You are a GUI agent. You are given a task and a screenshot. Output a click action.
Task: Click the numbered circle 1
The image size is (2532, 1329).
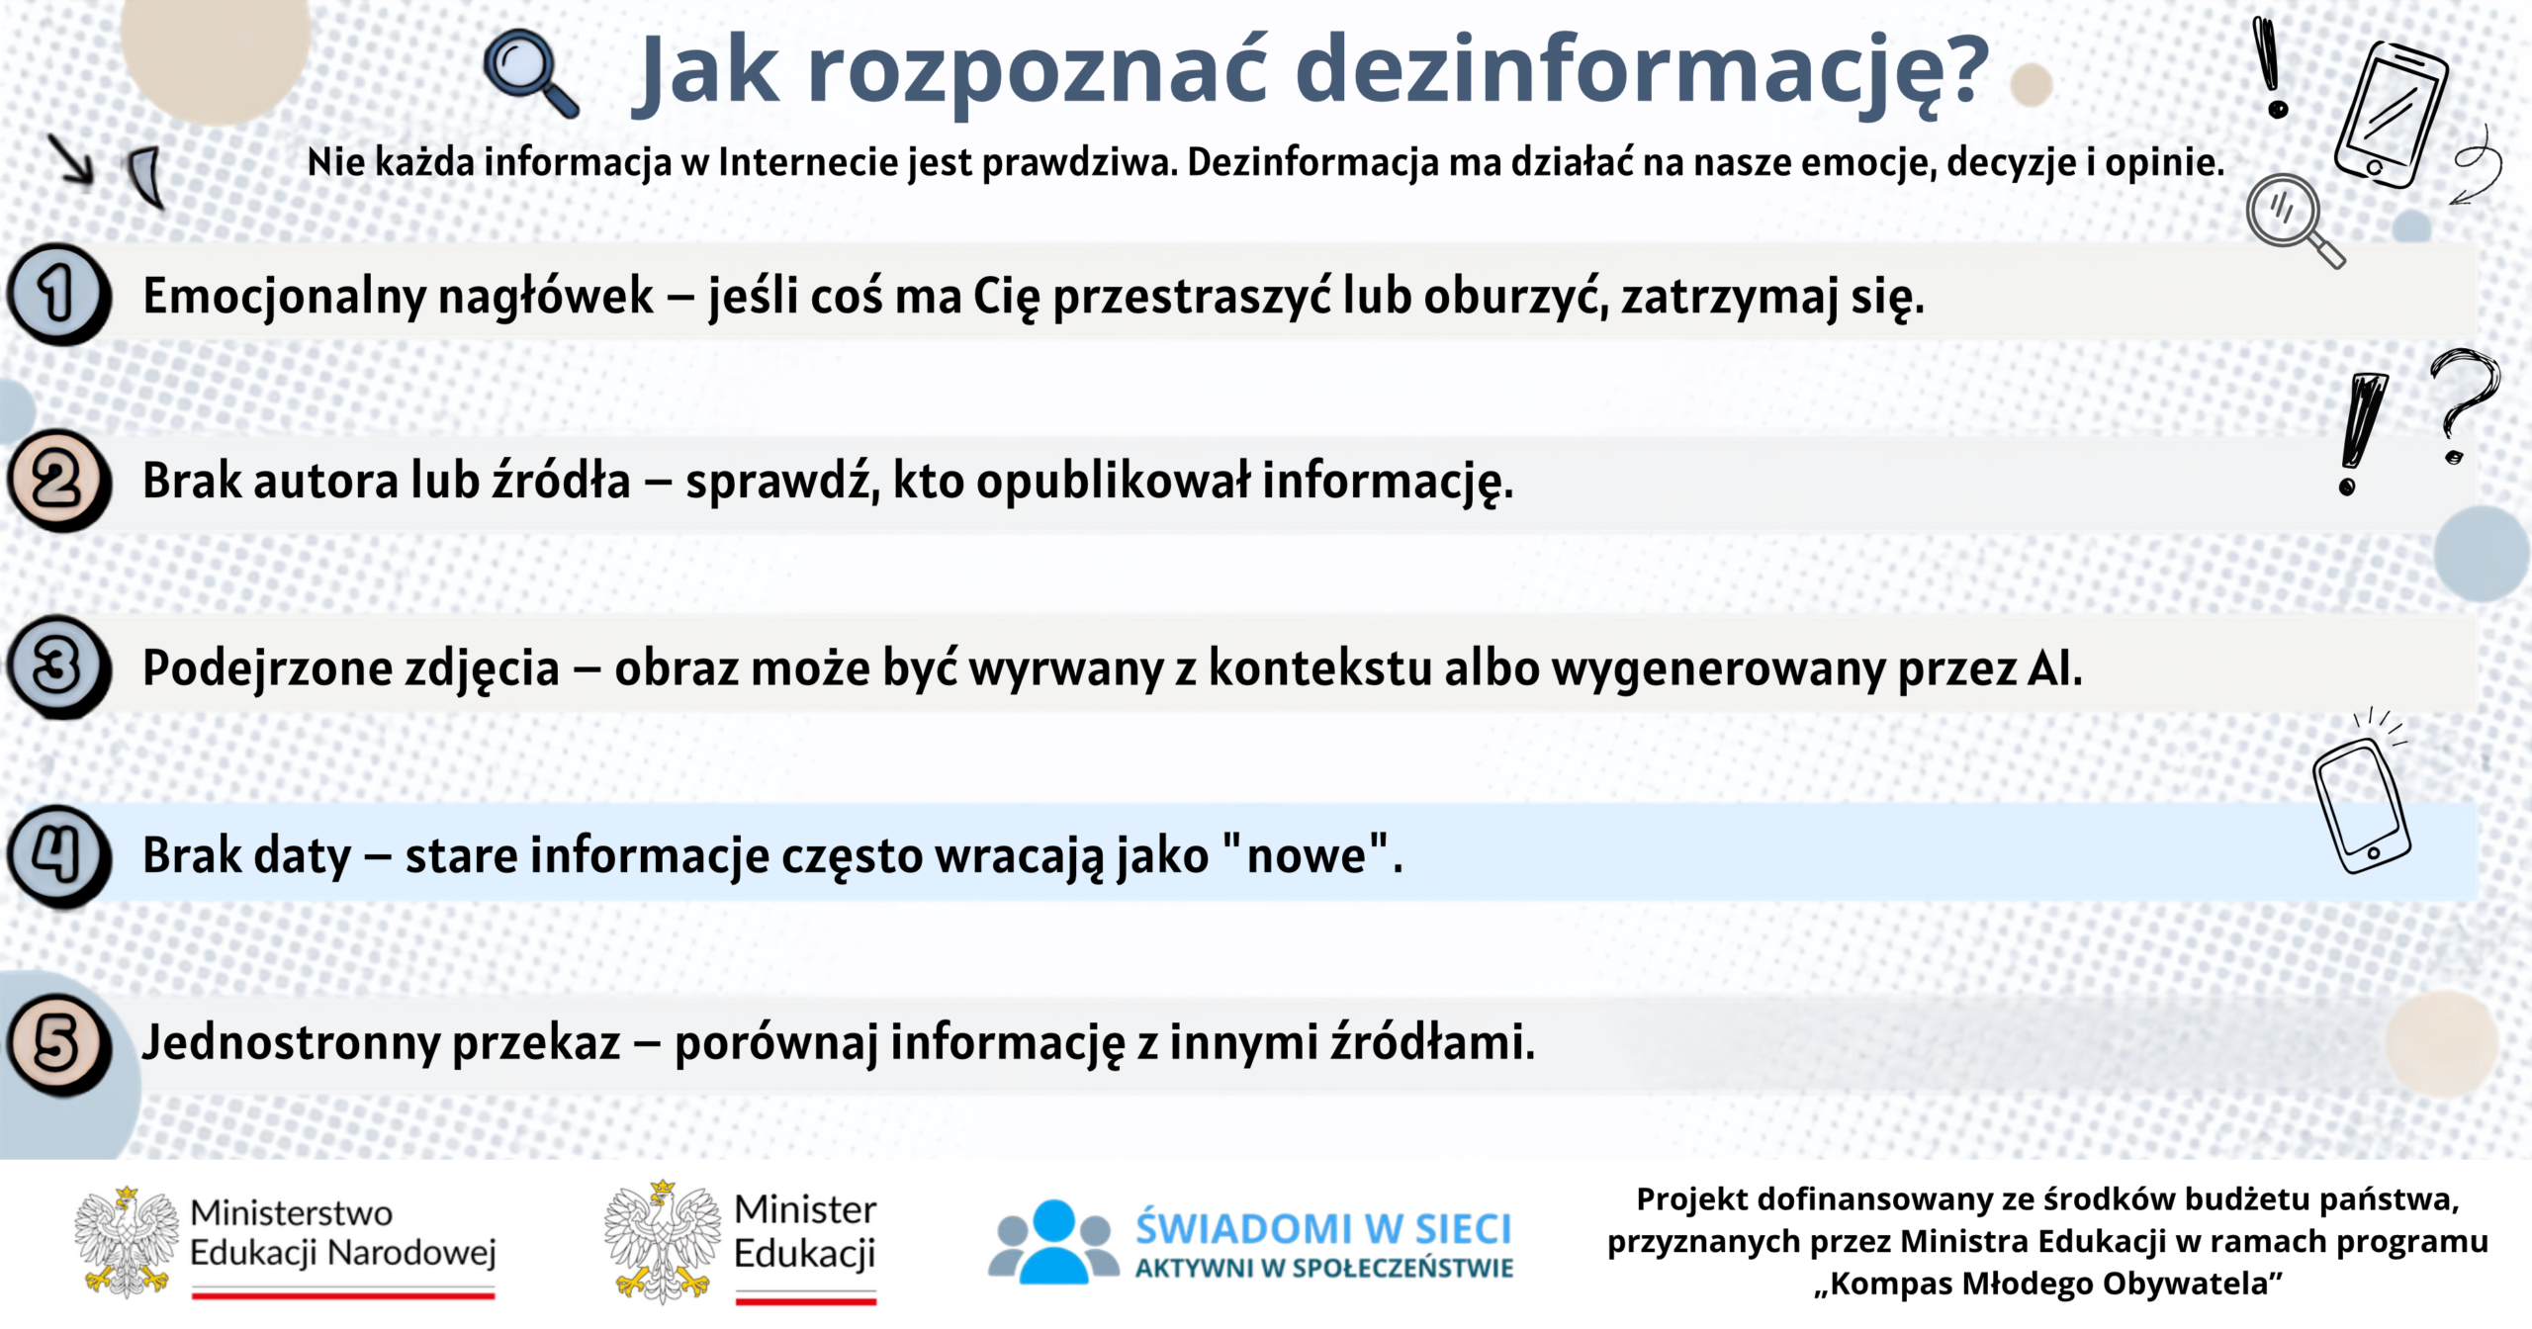(57, 294)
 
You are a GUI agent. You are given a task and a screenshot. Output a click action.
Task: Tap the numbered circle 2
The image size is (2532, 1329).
(57, 481)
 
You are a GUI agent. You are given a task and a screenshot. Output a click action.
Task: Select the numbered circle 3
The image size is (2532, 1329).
(57, 666)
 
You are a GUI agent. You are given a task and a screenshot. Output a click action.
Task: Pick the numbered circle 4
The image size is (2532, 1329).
(57, 855)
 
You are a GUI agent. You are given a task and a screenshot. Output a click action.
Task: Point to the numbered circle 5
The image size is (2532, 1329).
(57, 1044)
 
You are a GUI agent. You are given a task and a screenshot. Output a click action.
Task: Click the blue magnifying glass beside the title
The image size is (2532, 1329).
(530, 73)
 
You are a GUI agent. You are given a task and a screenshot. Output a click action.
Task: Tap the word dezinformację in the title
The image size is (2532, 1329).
(1641, 71)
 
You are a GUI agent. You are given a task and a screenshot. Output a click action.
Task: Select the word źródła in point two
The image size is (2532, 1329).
(562, 480)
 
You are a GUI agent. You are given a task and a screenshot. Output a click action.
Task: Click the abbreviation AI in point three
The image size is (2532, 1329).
(2054, 667)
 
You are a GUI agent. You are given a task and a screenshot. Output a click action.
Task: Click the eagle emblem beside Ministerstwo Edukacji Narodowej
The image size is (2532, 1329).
(127, 1242)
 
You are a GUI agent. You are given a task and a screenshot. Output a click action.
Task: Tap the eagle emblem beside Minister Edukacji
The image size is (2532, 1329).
(662, 1241)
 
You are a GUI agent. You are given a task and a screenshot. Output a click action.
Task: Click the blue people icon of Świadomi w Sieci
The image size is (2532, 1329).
(1053, 1242)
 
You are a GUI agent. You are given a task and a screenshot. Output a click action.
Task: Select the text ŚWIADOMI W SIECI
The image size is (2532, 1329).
(1323, 1227)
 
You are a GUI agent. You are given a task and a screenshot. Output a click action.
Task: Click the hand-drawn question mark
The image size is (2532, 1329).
(2465, 405)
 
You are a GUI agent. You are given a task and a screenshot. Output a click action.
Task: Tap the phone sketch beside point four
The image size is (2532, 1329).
(2362, 804)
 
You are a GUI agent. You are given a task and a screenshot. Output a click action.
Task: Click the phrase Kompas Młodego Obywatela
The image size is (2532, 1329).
(2048, 1284)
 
